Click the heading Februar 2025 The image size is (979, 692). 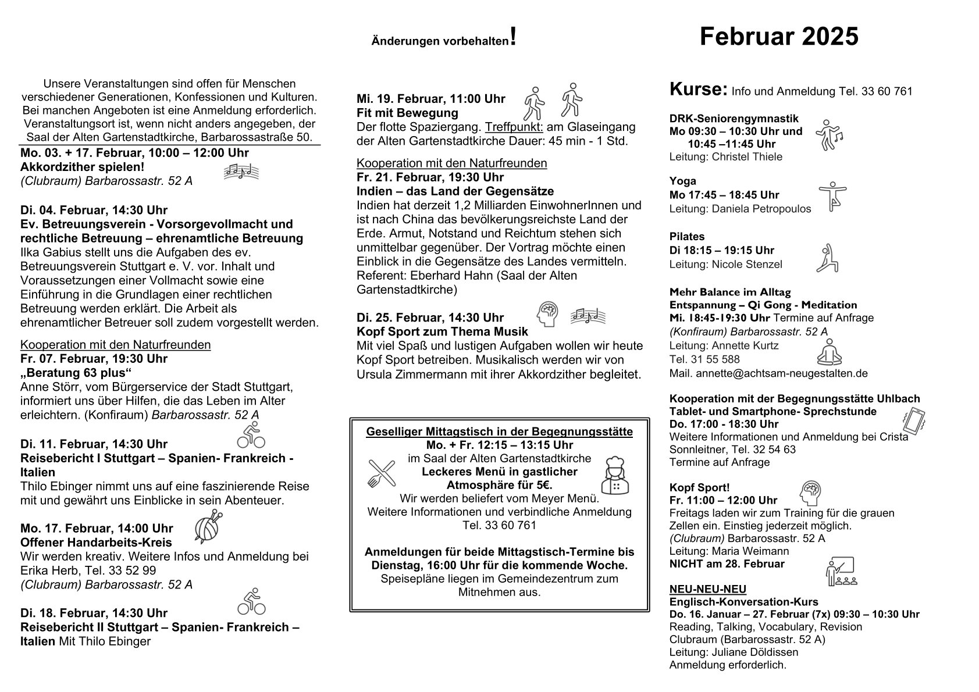(x=778, y=37)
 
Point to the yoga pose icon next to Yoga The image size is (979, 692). (x=832, y=196)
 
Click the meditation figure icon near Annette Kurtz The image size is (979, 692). (x=829, y=352)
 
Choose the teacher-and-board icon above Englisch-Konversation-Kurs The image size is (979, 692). (x=840, y=572)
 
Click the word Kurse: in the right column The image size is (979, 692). (x=698, y=90)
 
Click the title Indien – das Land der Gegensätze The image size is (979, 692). (x=455, y=191)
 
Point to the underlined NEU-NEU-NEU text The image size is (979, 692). (x=707, y=589)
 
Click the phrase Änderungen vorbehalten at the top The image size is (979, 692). (x=440, y=42)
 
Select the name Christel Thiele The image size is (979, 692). (x=747, y=156)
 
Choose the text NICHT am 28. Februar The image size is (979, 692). (x=727, y=563)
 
